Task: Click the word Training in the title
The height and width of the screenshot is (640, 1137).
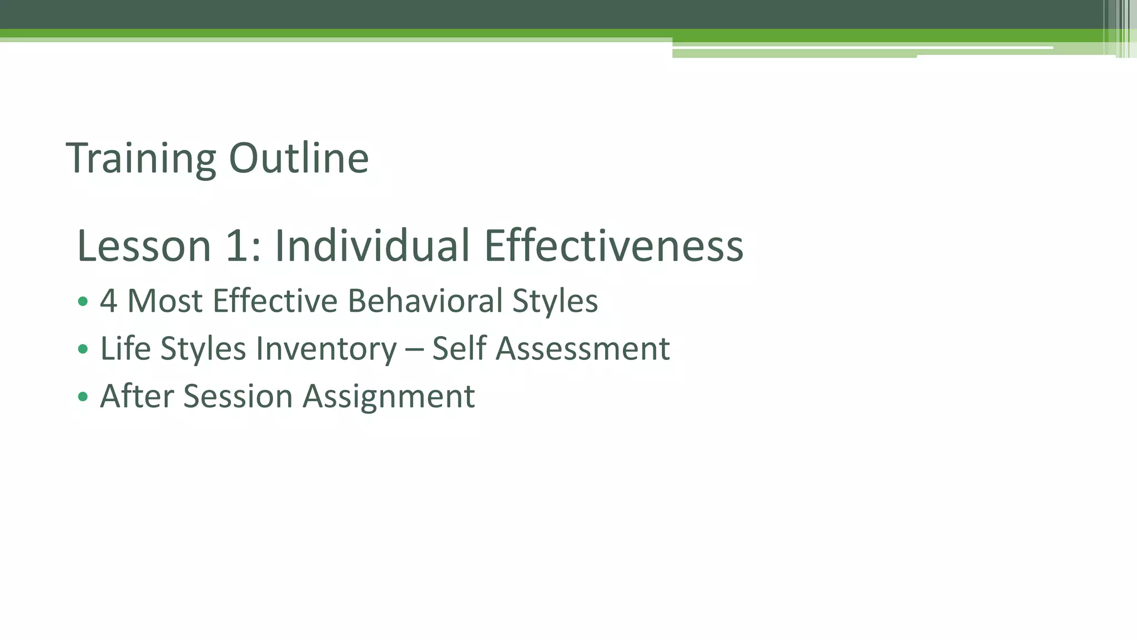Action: (x=140, y=159)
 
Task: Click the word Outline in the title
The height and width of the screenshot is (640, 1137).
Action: (x=299, y=159)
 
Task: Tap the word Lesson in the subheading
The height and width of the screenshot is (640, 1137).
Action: (x=144, y=246)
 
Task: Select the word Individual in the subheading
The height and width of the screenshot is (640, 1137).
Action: (x=373, y=246)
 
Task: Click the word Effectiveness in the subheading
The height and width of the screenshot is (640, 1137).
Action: (x=613, y=246)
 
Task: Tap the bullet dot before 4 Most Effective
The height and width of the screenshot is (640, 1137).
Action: (x=83, y=302)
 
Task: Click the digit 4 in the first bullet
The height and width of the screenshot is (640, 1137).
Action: (x=109, y=301)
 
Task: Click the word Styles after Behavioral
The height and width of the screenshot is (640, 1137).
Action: (x=555, y=301)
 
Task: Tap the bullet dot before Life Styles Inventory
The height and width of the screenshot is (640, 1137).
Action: (x=83, y=349)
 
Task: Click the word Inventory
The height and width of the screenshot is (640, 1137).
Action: (x=326, y=349)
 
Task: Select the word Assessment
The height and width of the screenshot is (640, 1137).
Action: (x=582, y=349)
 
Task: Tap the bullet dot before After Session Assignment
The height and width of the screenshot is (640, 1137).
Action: (x=83, y=397)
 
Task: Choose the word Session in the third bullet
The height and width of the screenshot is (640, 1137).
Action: (x=238, y=397)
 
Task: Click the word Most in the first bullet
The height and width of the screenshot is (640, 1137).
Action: (x=165, y=301)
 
